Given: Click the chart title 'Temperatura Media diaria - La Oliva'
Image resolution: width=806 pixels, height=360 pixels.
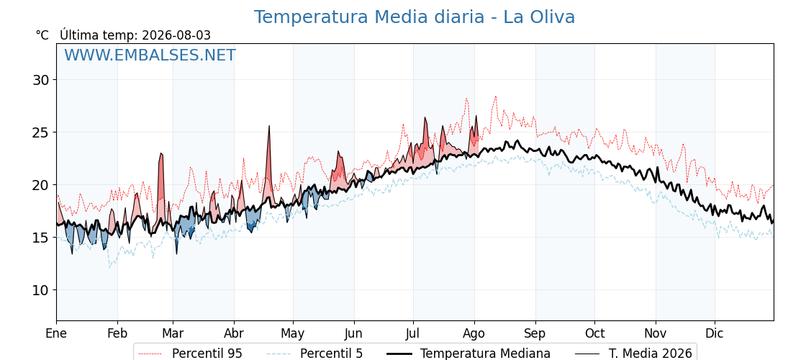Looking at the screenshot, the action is [x=415, y=17].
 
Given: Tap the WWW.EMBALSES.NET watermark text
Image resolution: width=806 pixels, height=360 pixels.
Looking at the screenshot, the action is [x=150, y=55].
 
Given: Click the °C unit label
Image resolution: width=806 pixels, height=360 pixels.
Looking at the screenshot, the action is [x=42, y=35].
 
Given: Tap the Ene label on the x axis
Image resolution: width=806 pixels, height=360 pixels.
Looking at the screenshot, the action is [x=56, y=333].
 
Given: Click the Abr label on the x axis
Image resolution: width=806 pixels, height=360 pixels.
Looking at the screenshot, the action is [x=234, y=333].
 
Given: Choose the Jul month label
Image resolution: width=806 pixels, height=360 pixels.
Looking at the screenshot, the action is [x=413, y=333].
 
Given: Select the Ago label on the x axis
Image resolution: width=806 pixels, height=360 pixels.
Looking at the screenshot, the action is [x=474, y=334].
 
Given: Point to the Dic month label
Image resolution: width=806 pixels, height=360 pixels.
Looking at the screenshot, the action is [x=715, y=333].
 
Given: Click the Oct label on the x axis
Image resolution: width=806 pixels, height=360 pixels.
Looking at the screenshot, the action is [x=594, y=333].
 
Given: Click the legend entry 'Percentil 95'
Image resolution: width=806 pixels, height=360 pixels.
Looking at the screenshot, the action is [x=207, y=354].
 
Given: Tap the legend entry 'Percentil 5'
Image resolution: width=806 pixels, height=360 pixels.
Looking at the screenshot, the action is [x=331, y=354].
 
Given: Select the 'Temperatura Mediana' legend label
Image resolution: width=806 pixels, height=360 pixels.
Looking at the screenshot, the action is [x=485, y=354].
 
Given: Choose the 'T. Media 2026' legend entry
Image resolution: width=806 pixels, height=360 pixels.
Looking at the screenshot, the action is [x=651, y=354].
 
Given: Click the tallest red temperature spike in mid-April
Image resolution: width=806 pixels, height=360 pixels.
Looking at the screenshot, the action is [x=269, y=126].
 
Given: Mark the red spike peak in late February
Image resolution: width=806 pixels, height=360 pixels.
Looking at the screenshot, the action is [x=161, y=153].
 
